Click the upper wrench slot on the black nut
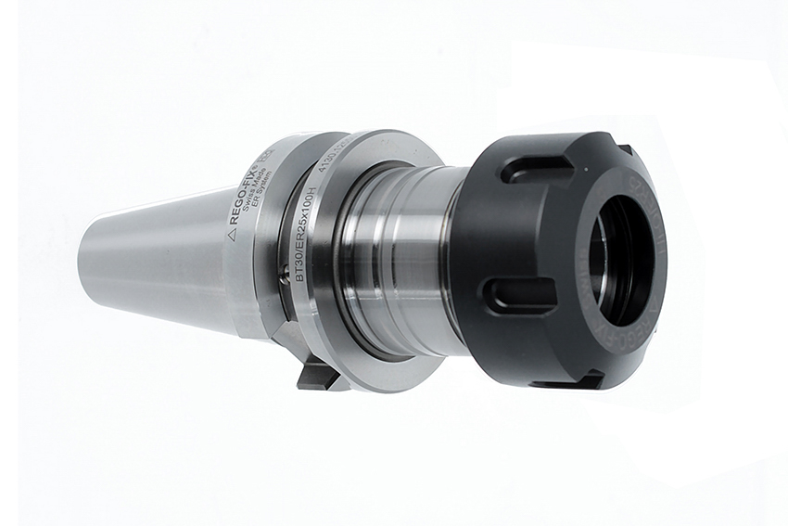tap(536, 168)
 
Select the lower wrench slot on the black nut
tap(519, 295)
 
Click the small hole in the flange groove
tap(284, 271)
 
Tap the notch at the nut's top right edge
tap(627, 148)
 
